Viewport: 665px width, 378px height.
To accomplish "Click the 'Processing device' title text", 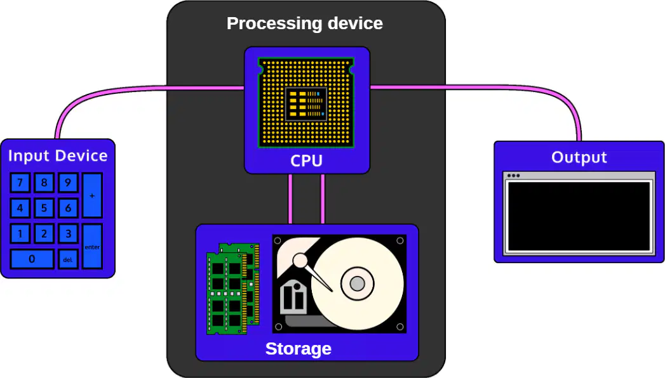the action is click(x=304, y=23).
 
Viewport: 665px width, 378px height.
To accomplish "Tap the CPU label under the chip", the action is click(x=306, y=161).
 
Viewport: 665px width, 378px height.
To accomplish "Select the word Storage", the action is click(x=298, y=349).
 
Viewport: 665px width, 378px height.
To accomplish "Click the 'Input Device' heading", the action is click(x=58, y=156).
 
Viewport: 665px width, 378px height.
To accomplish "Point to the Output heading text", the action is click(x=579, y=157).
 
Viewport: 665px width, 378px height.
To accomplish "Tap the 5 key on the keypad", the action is click(x=44, y=208).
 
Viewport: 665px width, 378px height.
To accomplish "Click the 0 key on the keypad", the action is click(x=32, y=259).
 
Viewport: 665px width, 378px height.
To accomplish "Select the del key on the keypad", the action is click(x=68, y=259).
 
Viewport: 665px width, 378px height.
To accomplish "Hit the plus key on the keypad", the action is click(x=92, y=195).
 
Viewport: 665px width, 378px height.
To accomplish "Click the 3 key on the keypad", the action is click(x=68, y=233).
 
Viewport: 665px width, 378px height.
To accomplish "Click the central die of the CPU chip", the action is click(x=306, y=104).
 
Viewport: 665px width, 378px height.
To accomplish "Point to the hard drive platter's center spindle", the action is click(x=357, y=283).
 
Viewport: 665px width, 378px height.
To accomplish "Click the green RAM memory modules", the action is click(x=233, y=289).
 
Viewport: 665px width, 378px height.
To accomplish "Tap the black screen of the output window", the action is click(x=579, y=216).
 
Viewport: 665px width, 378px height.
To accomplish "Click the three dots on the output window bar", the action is click(x=513, y=176).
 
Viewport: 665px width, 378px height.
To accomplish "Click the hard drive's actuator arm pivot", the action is click(x=300, y=260).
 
